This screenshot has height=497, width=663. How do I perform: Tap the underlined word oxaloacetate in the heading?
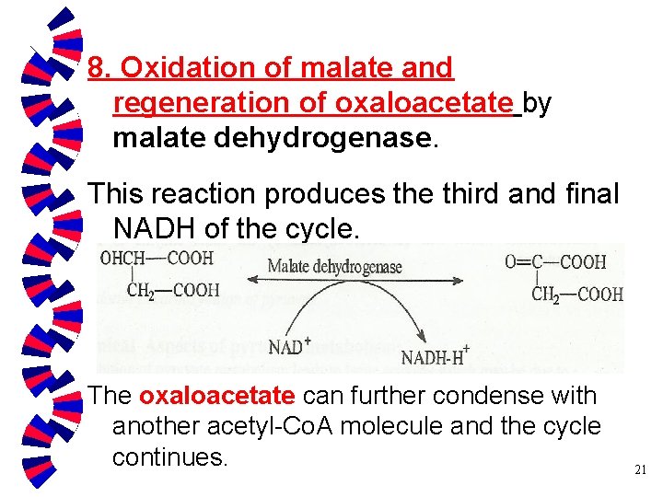coord(424,103)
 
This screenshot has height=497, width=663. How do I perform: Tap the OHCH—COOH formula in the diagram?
coord(157,259)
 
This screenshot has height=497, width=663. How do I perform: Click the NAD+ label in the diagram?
coord(290,348)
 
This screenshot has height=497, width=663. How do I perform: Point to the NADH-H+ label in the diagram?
coord(436,355)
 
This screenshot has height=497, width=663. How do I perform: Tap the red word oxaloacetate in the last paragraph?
coord(217,396)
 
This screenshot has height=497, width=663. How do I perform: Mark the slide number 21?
coord(641,470)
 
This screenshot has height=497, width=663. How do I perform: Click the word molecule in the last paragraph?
coord(408,427)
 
